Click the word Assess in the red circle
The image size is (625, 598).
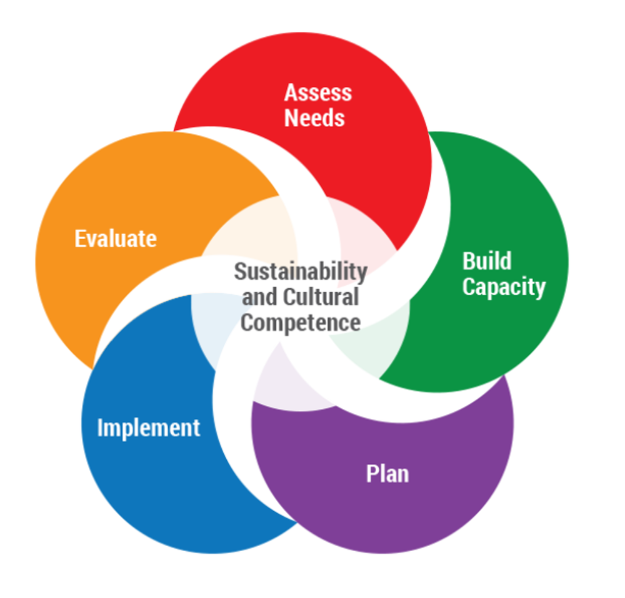317,93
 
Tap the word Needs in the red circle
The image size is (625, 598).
314,118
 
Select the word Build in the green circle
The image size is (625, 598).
487,261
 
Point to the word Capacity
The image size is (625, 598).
504,288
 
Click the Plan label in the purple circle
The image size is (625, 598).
387,473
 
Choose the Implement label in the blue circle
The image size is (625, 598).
149,428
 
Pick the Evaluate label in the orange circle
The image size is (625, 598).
116,238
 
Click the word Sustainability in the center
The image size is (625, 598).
301,272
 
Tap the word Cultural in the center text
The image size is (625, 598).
321,297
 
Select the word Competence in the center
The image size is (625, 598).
301,323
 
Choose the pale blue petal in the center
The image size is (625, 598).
209,325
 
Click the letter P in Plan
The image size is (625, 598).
371,473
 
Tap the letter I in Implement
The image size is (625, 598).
100,428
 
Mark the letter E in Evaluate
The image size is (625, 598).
79,238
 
